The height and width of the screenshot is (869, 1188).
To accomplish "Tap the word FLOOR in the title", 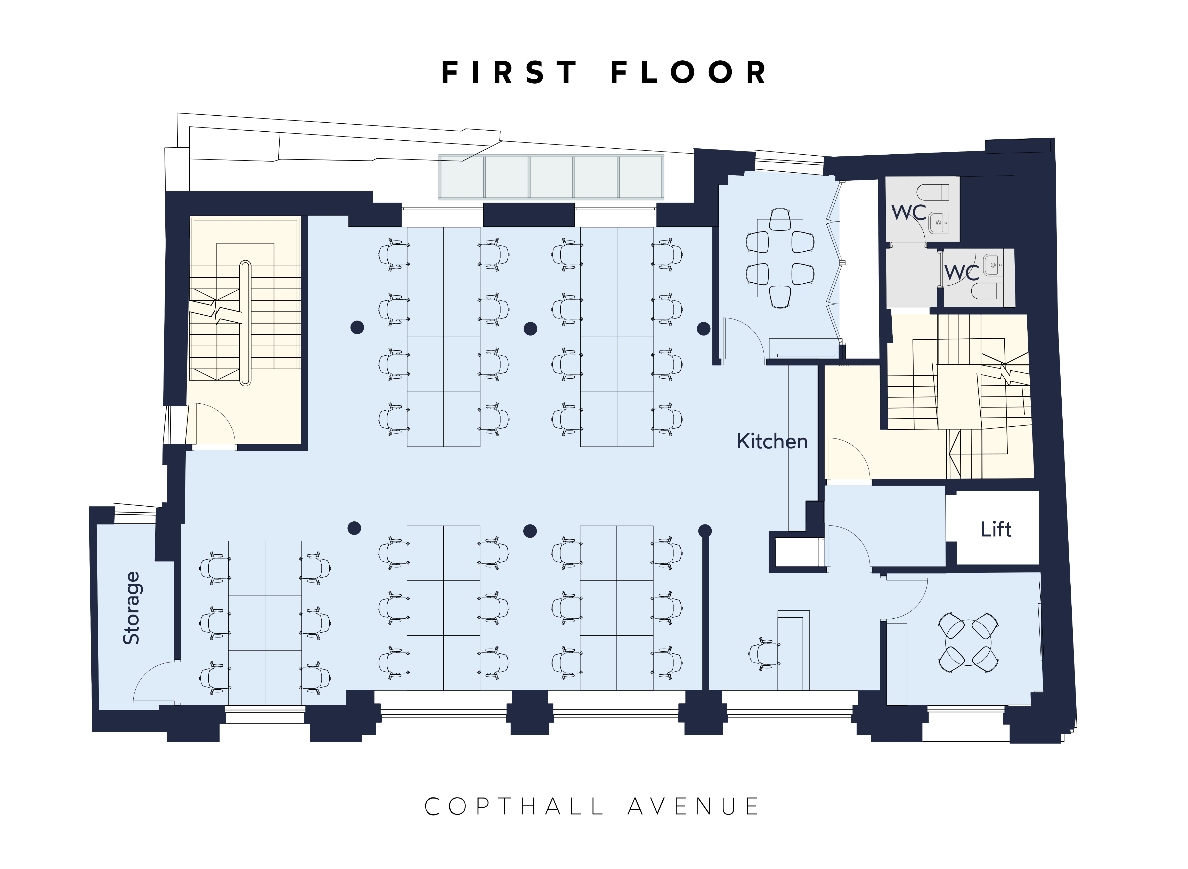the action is (689, 73).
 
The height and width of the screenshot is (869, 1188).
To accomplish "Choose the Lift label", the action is (996, 529).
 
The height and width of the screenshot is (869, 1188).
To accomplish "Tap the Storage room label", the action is (132, 608).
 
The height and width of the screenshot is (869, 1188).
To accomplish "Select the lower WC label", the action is (962, 273).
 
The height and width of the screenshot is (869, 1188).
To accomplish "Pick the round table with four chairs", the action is (968, 643).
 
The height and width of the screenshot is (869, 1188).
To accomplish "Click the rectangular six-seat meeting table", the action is (780, 258).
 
